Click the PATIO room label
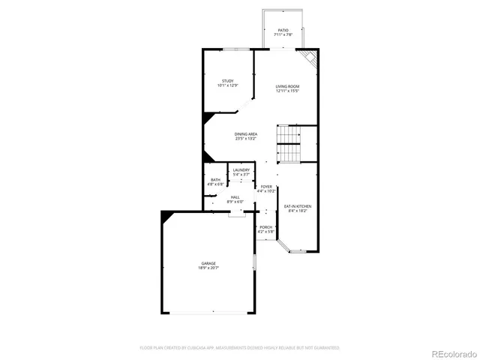(283, 31)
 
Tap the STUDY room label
(227, 81)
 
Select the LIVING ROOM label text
(287, 87)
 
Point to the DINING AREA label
(245, 134)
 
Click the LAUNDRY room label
(241, 170)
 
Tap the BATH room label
(215, 180)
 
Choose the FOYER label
(266, 187)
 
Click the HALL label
(235, 197)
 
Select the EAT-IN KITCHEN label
(297, 206)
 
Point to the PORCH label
(266, 227)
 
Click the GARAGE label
(208, 263)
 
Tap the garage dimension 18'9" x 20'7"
(208, 268)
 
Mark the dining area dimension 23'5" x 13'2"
(245, 139)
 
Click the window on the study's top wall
(235, 49)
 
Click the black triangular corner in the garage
(167, 214)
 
